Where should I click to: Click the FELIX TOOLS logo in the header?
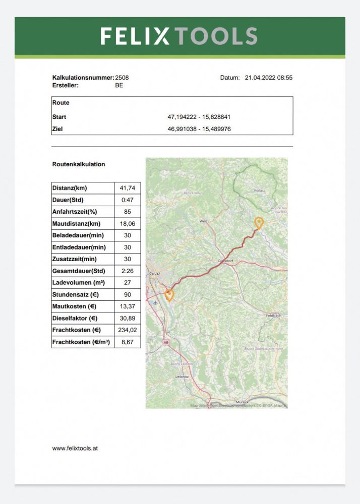[x=179, y=36]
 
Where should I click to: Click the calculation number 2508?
[x=122, y=78]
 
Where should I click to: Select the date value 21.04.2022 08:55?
[x=269, y=78]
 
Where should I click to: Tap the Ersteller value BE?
[x=119, y=85]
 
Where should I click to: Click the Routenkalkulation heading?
[x=79, y=164]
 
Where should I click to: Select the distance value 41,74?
[x=128, y=188]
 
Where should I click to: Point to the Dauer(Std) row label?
[x=68, y=200]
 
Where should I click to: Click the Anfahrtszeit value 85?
[x=128, y=212]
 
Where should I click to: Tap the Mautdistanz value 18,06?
[x=128, y=223]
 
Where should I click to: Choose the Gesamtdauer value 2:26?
[x=128, y=271]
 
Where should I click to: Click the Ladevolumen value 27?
[x=128, y=283]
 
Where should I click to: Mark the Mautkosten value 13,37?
[x=128, y=306]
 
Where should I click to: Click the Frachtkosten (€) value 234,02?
[x=128, y=330]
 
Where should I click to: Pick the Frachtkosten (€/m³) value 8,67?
[x=128, y=342]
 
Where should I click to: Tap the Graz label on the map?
[x=154, y=274]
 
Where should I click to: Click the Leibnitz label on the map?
[x=182, y=376]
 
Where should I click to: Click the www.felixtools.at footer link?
[x=75, y=448]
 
